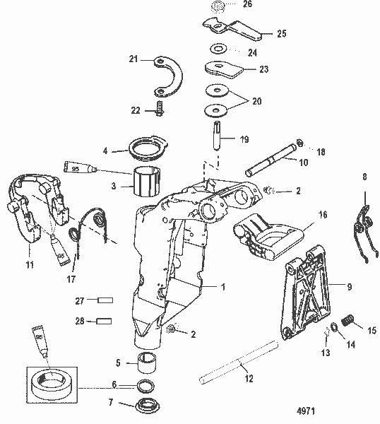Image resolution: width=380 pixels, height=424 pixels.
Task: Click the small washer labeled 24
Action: point(218,49)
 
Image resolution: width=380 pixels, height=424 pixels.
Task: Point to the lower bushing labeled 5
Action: point(148,363)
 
